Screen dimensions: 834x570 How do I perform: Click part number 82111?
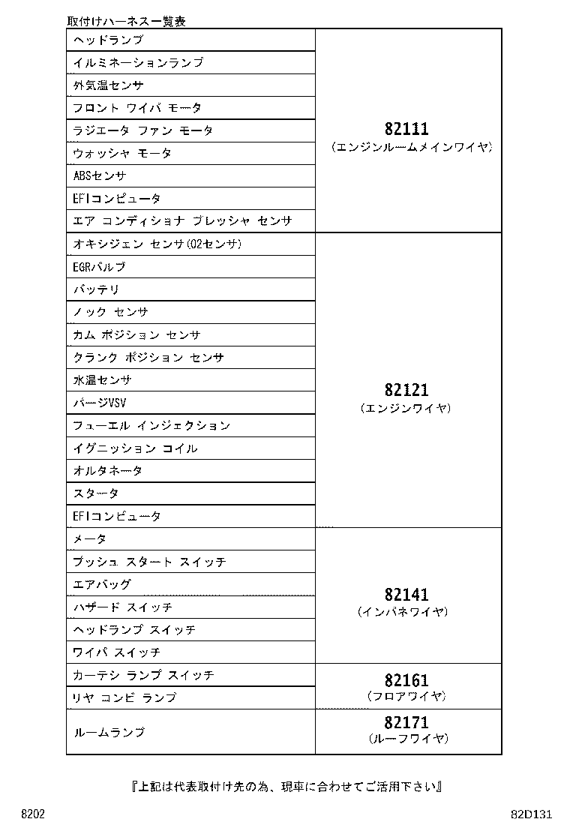[x=407, y=129]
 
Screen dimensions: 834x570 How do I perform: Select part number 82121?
[x=407, y=390]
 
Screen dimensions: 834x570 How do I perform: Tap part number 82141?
[x=407, y=595]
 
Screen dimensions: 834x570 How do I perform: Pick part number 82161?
[x=407, y=680]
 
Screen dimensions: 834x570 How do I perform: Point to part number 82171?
[x=407, y=722]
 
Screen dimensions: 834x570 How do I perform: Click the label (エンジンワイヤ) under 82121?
[x=407, y=409]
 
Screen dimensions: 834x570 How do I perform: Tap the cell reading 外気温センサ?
[x=109, y=85]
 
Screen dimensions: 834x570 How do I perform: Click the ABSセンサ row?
[x=100, y=176]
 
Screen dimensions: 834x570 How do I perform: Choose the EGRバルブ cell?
[x=100, y=267]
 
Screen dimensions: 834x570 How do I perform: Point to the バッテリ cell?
[x=97, y=289]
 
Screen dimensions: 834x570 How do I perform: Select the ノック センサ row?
[x=111, y=312]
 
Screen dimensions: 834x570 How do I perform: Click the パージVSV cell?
[x=100, y=403]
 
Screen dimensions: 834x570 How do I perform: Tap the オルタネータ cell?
[x=108, y=471]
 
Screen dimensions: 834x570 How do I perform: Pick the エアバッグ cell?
[x=102, y=584]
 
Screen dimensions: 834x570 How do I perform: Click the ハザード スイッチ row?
[x=123, y=607]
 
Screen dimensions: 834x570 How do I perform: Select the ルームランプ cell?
[x=109, y=732]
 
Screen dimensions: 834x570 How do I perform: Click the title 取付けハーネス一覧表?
[x=126, y=21]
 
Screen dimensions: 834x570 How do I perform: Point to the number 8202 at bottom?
[x=33, y=814]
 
